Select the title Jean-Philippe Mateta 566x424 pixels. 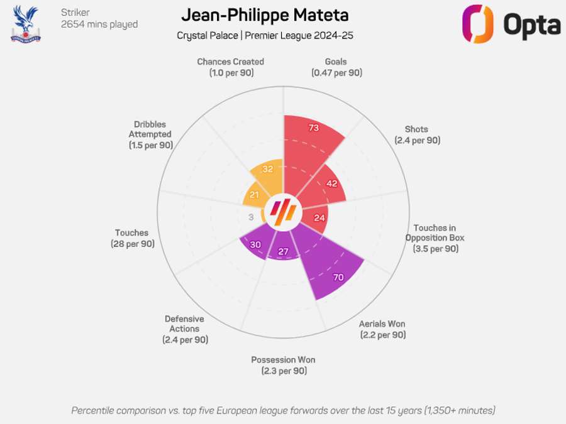click(x=265, y=15)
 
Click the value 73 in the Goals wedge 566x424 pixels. click(x=314, y=128)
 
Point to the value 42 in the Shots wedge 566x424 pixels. click(x=333, y=183)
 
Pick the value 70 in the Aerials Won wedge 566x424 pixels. click(x=338, y=277)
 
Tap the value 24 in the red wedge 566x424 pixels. click(x=319, y=218)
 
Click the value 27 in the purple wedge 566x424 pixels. click(x=283, y=252)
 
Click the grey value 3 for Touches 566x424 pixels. click(x=251, y=217)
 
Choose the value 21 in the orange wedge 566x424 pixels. click(x=254, y=195)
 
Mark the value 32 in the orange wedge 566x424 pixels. click(x=268, y=169)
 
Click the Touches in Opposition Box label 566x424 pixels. click(x=435, y=238)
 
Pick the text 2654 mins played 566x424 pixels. click(x=99, y=24)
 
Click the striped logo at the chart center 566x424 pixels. click(x=282, y=213)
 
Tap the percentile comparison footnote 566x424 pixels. click(x=283, y=410)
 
